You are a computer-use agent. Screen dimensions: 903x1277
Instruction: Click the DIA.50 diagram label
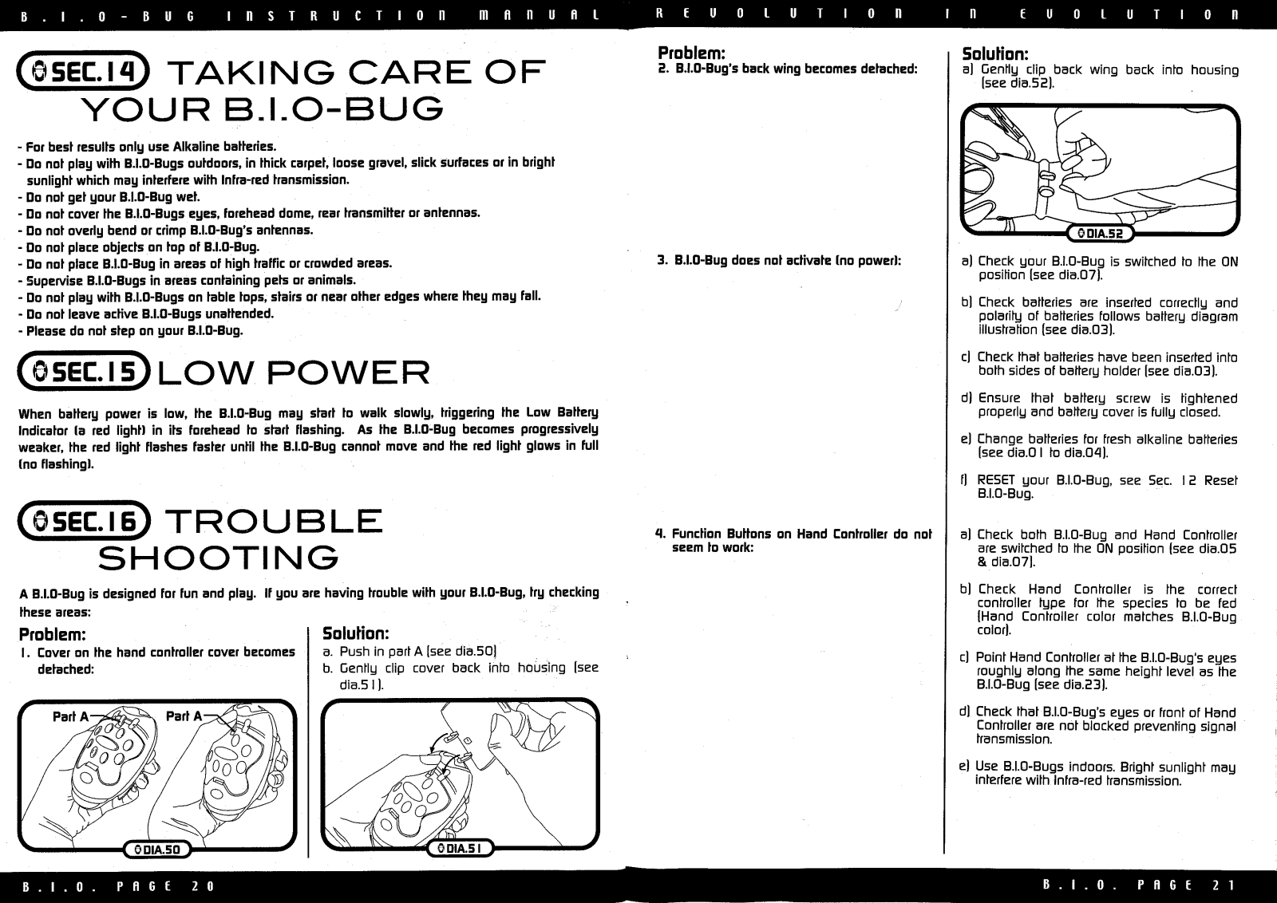tap(157, 850)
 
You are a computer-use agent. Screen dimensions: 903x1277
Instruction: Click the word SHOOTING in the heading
tap(218, 558)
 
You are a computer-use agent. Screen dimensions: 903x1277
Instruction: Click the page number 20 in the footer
tap(204, 886)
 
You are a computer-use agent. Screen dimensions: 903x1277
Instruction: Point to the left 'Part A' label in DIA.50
tap(70, 716)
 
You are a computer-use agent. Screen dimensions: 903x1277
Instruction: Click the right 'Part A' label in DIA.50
tap(184, 716)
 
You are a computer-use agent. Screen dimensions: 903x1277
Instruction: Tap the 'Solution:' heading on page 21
tap(994, 54)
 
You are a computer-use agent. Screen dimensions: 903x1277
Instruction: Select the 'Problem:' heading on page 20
tap(53, 634)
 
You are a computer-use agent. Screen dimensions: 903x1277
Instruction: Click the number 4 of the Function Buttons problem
tap(660, 534)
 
